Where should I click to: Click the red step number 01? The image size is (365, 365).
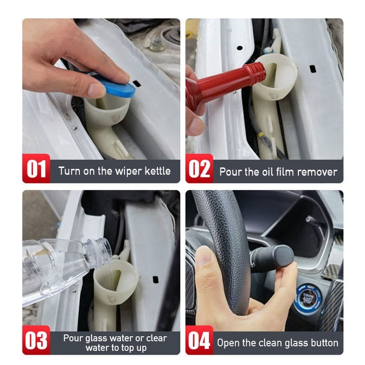36,169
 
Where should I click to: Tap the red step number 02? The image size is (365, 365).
199,169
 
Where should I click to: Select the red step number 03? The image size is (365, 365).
36,340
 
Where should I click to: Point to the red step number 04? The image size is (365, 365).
199,340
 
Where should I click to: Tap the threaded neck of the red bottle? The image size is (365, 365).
257,71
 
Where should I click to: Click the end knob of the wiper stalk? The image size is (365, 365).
283,255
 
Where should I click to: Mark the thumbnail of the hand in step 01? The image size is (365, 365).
96,89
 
